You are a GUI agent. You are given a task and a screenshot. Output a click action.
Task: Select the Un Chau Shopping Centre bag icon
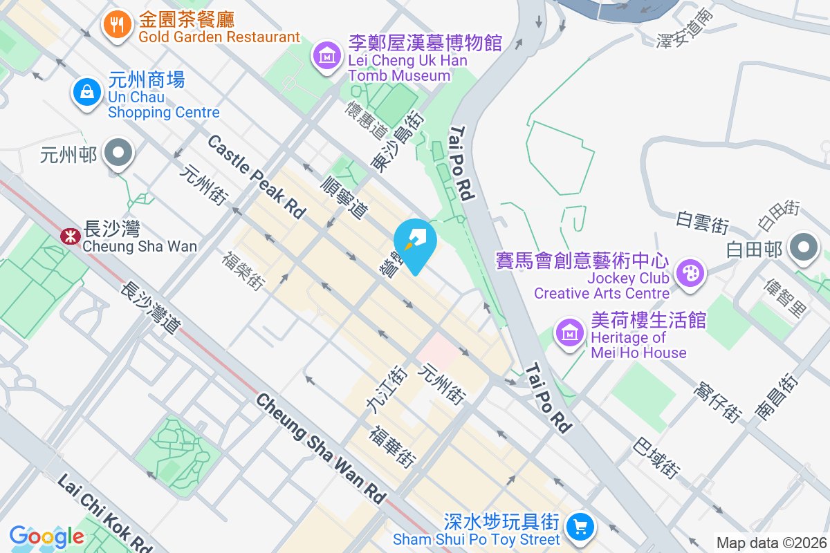pos(87,91)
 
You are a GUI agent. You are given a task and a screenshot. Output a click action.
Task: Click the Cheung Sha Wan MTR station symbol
pos(70,236)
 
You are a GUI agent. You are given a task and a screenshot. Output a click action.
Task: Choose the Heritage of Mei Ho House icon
pos(570,333)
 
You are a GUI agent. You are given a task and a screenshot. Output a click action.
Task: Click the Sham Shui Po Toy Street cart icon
pos(580,527)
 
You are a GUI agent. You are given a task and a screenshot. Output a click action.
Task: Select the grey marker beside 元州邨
pos(118,152)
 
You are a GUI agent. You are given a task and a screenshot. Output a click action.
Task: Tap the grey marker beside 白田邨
pos(804,247)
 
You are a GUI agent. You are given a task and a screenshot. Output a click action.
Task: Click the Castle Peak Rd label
pos(256,177)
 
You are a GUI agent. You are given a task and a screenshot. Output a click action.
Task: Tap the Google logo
pos(46,536)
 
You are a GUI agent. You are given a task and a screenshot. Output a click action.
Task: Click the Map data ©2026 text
pos(771,543)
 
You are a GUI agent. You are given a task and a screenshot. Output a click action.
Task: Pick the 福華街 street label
pos(392,446)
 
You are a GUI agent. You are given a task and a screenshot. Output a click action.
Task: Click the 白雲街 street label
pos(703,223)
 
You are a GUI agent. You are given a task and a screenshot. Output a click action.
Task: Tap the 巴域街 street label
pos(655,457)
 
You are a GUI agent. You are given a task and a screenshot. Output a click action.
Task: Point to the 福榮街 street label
pos(243,270)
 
